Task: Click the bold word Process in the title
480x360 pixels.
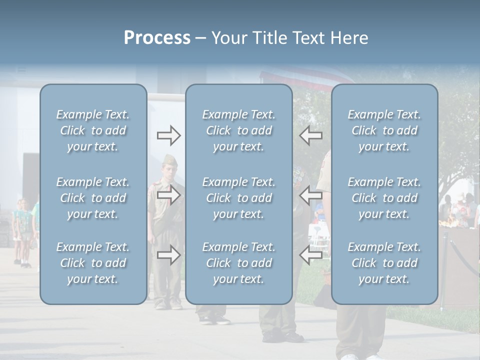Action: click(x=157, y=38)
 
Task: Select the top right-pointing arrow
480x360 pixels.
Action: click(x=169, y=135)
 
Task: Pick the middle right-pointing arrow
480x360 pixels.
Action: click(x=169, y=195)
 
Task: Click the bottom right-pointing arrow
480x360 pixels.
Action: click(x=169, y=255)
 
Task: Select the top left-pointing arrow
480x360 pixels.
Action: click(x=310, y=135)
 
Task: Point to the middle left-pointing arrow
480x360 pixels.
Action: click(x=310, y=195)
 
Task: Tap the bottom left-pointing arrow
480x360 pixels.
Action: click(x=310, y=255)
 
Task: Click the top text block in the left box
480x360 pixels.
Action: click(x=93, y=130)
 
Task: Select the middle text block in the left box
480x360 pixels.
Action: click(x=93, y=198)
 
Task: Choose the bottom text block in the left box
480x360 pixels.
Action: click(x=93, y=263)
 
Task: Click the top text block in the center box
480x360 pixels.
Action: click(x=238, y=130)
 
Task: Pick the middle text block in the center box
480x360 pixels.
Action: click(x=238, y=198)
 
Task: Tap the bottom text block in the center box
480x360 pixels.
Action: click(x=238, y=263)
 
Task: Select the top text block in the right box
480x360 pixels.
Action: click(x=384, y=130)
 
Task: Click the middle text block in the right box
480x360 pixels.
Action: click(x=384, y=198)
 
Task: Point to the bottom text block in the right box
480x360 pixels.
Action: click(x=384, y=263)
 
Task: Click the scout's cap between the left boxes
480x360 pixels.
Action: click(x=168, y=159)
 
